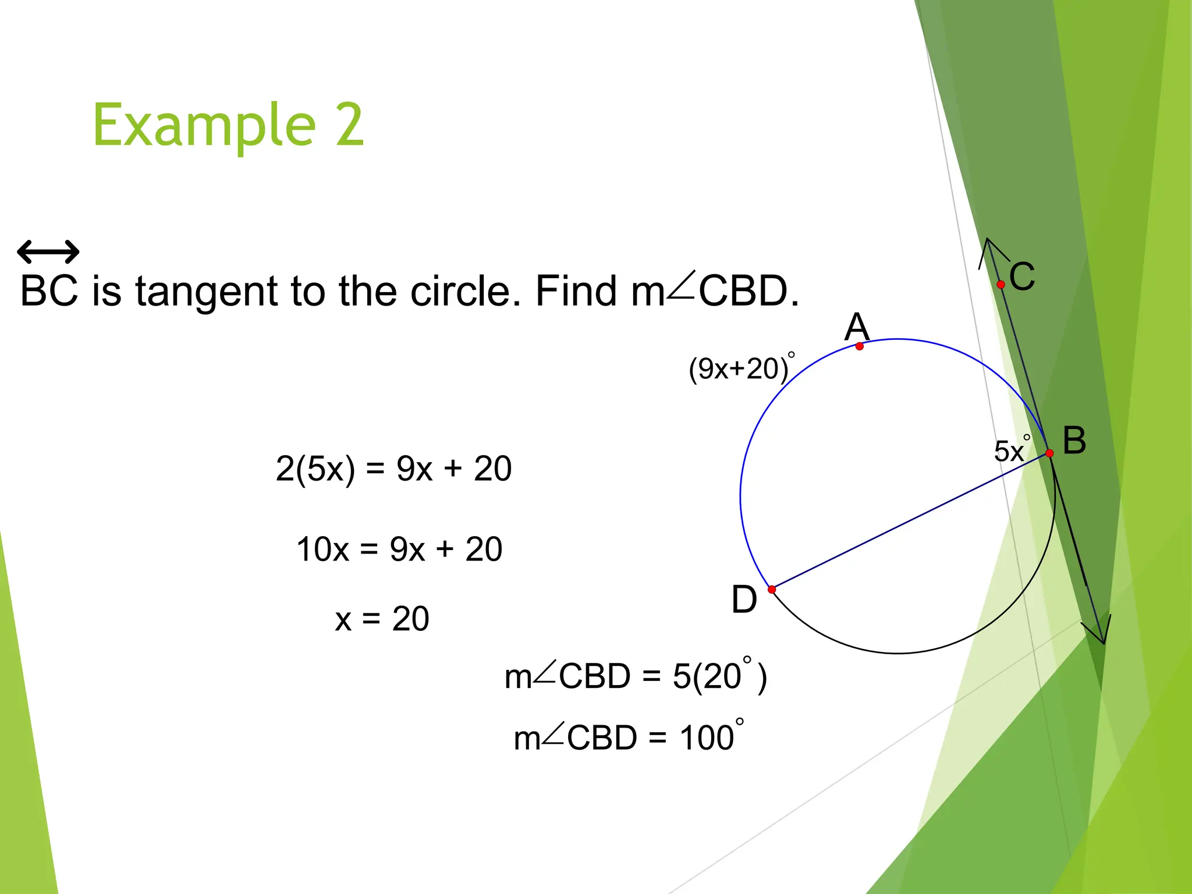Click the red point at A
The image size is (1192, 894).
[x=860, y=346]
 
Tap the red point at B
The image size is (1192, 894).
[x=1049, y=453]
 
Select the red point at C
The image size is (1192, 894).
[x=1001, y=285]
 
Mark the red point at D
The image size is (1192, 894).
[x=772, y=590]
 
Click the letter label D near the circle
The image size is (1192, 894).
[x=744, y=599]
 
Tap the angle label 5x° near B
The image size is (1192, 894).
[x=1012, y=450]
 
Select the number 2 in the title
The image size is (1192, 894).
[x=349, y=125]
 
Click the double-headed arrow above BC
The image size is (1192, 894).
[x=48, y=252]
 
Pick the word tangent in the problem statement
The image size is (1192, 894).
[x=207, y=291]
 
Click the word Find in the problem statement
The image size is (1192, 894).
[x=575, y=291]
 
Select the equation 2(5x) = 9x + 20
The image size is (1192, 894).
[x=393, y=469]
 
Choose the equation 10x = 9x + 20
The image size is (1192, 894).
[x=399, y=549]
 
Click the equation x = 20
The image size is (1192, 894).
[x=382, y=619]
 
